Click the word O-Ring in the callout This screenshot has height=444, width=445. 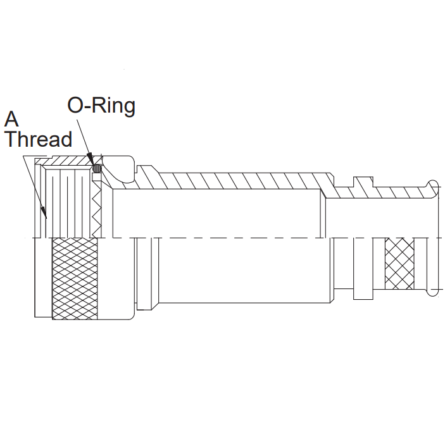point(101,106)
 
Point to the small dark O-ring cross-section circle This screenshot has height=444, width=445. point(97,169)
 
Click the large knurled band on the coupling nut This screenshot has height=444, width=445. point(75,278)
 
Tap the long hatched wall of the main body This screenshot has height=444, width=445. point(241,180)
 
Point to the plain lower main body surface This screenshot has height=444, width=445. point(241,272)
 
